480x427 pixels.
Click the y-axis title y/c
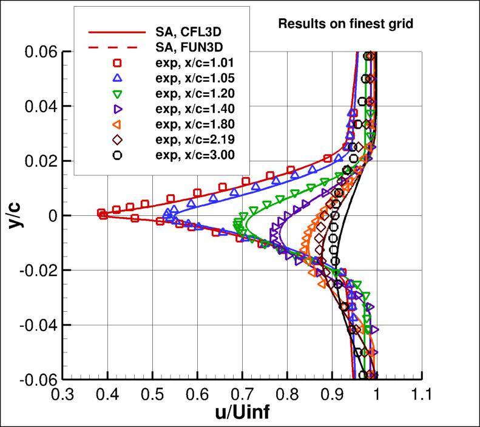click(x=13, y=215)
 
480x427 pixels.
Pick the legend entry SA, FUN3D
click(x=183, y=47)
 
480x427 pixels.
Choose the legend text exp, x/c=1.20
click(x=194, y=93)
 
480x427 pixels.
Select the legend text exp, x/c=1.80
click(x=194, y=124)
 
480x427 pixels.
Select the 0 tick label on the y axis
click(x=52, y=216)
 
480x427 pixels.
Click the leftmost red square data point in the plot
click(x=101, y=213)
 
